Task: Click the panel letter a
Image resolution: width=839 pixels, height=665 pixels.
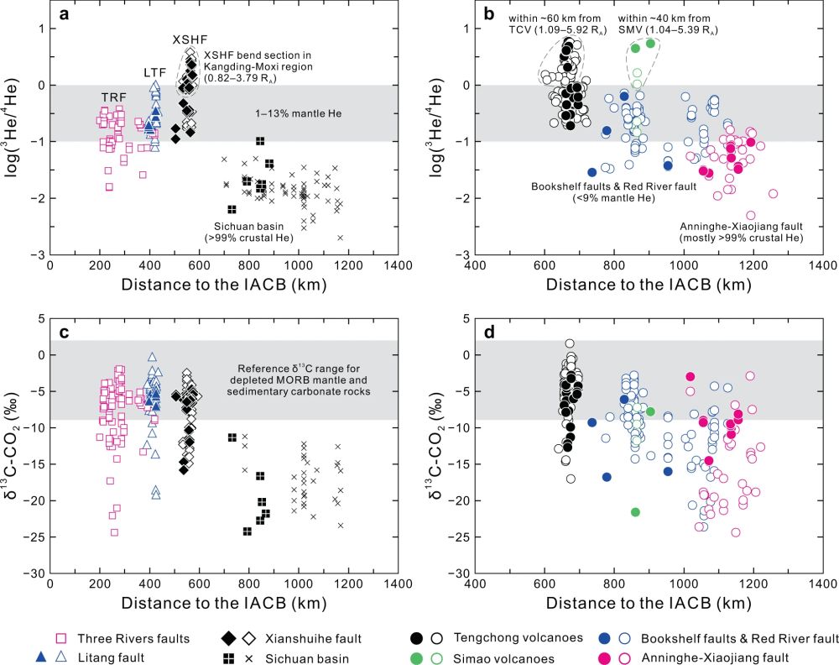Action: (61, 15)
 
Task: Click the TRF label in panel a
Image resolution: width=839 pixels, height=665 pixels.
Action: (115, 97)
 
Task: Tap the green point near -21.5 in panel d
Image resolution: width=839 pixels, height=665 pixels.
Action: (635, 512)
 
